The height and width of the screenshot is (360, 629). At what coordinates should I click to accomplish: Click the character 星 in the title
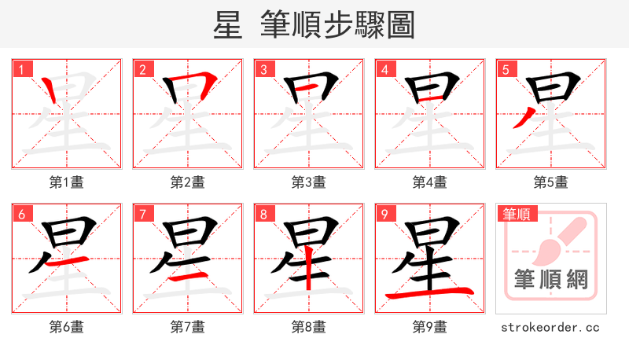click(x=226, y=25)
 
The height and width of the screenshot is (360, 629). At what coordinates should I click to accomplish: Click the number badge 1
click(x=22, y=69)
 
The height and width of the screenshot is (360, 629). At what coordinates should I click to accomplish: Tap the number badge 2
click(x=143, y=69)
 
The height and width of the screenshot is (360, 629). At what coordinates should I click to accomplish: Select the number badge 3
click(x=264, y=69)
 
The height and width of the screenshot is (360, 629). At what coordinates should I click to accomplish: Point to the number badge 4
click(x=385, y=69)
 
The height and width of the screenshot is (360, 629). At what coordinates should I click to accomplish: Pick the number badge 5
click(x=506, y=69)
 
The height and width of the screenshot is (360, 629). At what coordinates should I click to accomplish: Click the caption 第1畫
click(x=67, y=182)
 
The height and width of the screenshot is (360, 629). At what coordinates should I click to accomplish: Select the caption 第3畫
click(x=309, y=182)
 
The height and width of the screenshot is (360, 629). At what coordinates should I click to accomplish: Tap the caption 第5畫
click(x=551, y=182)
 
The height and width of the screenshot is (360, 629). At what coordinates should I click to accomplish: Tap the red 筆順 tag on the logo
click(x=517, y=214)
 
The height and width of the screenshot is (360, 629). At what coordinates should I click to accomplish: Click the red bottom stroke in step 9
click(x=431, y=294)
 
